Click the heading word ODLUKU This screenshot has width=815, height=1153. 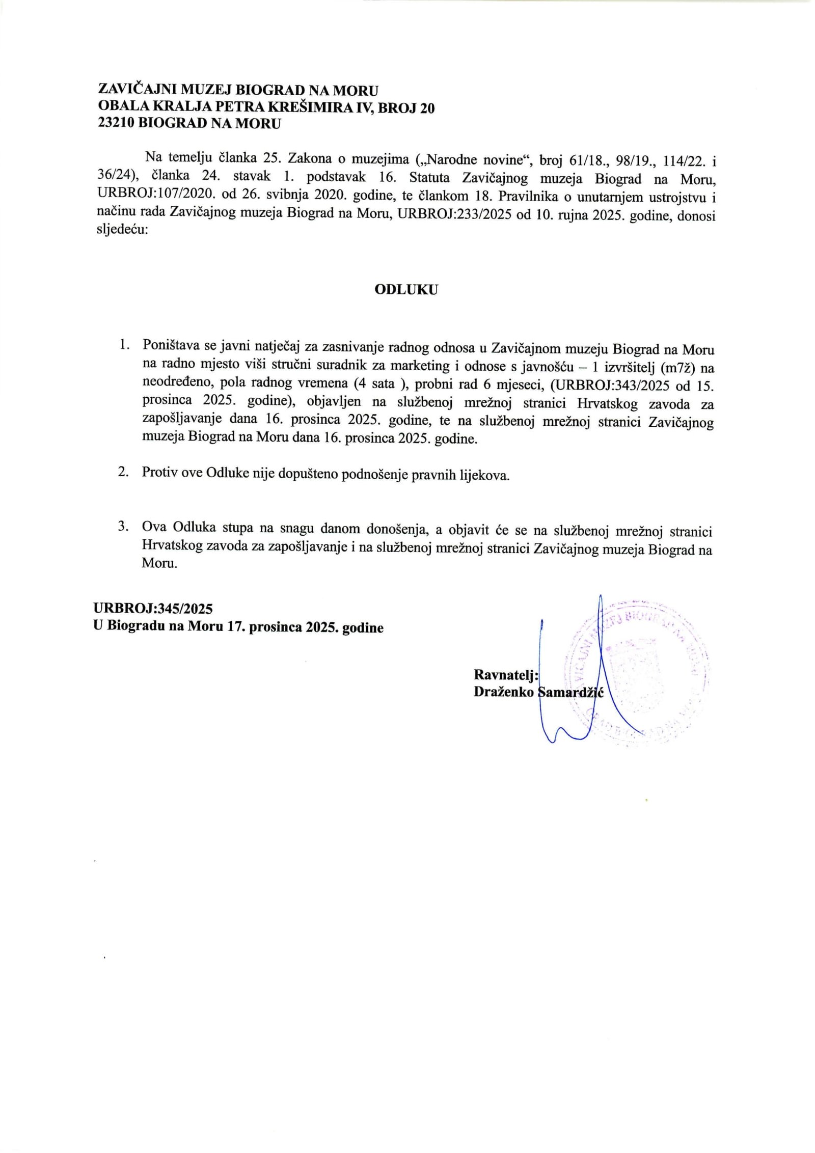406,290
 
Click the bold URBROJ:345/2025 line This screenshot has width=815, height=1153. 153,608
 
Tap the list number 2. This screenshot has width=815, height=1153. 123,472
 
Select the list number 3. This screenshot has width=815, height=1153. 123,527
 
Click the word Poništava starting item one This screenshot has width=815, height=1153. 172,346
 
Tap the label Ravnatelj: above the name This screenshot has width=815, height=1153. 506,675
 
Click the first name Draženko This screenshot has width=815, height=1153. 503,692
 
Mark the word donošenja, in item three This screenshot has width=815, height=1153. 395,530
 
